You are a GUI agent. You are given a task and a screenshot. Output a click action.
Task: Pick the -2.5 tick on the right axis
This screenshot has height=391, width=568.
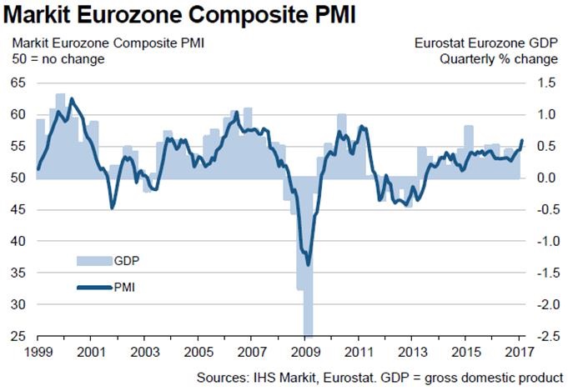546,336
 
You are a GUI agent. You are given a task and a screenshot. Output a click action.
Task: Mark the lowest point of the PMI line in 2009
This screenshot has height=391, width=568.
308,265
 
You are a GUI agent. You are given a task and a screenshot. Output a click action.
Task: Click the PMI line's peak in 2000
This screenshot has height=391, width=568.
71,98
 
